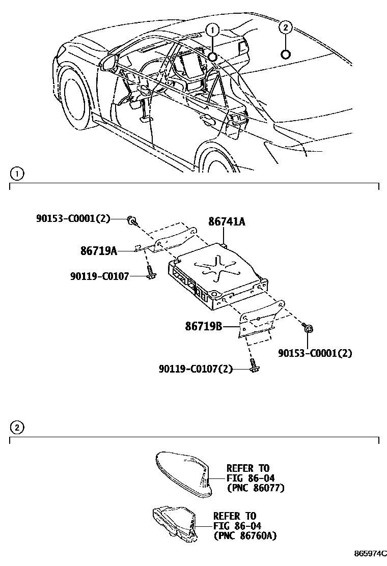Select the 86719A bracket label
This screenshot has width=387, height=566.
pos(99,250)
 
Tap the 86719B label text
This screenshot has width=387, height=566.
pos(203,326)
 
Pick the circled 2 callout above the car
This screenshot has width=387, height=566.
pos(286,27)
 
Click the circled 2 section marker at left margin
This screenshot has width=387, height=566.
pos(16,428)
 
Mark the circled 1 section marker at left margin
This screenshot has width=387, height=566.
pos(16,174)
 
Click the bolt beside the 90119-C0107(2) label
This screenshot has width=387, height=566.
pos(253,366)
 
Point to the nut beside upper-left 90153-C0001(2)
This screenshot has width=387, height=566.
pos(133,220)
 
